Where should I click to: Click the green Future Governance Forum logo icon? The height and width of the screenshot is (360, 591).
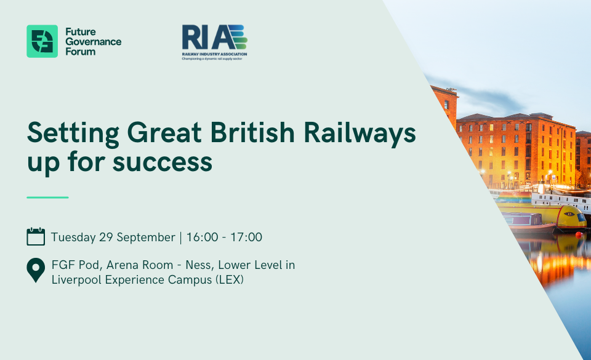(x=42, y=41)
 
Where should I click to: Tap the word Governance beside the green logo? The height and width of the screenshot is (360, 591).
(x=94, y=42)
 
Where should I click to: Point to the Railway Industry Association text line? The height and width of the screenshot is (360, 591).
(x=214, y=54)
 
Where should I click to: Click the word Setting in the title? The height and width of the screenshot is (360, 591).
(x=73, y=134)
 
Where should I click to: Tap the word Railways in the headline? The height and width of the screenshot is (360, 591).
(x=360, y=134)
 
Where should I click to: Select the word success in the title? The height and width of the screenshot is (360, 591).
(x=163, y=162)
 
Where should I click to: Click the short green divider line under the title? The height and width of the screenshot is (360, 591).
(x=47, y=198)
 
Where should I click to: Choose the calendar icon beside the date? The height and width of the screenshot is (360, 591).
(x=36, y=236)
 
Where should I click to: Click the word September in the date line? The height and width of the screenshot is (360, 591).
(x=146, y=238)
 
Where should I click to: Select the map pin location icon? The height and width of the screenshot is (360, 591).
(x=36, y=270)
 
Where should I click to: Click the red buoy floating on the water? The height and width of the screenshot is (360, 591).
(x=579, y=235)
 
